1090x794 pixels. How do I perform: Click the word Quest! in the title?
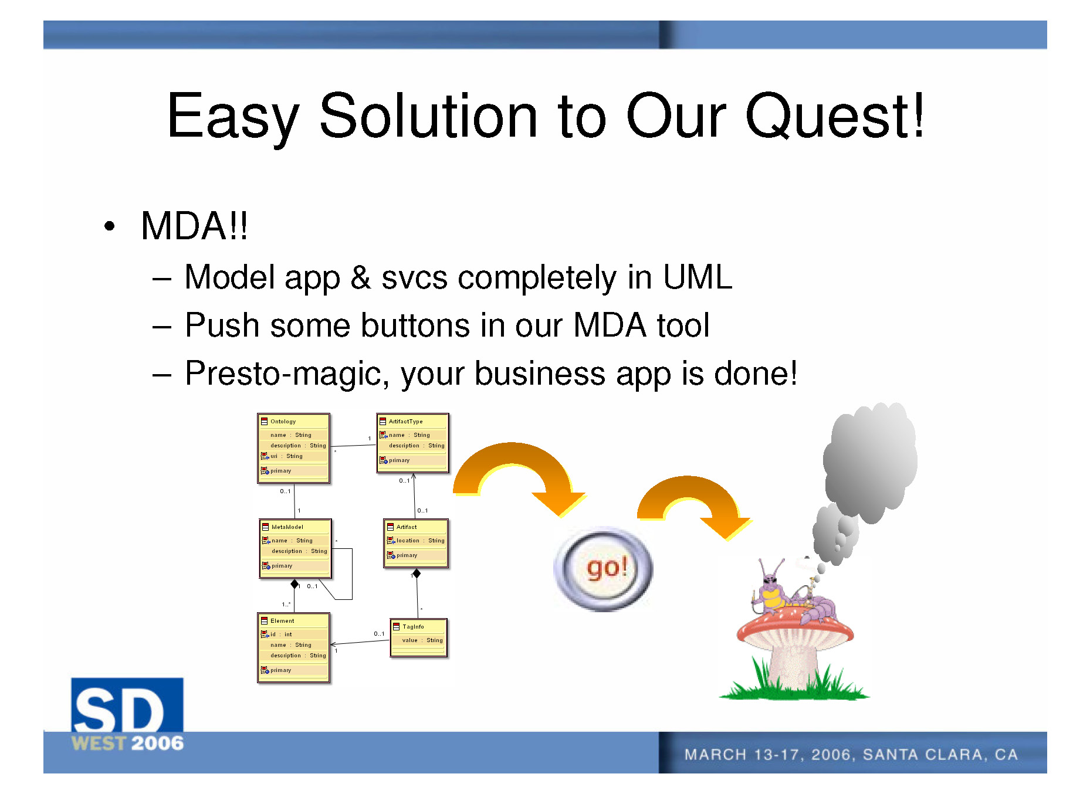[835, 117]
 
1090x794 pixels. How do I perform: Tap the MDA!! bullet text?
[194, 226]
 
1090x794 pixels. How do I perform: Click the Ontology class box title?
[283, 422]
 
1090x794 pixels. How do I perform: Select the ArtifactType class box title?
[405, 422]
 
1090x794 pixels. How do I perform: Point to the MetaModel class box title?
[287, 527]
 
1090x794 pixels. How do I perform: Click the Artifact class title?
[407, 527]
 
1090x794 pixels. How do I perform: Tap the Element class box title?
[282, 621]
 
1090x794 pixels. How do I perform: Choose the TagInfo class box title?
[413, 627]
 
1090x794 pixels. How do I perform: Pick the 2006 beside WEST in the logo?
[157, 744]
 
